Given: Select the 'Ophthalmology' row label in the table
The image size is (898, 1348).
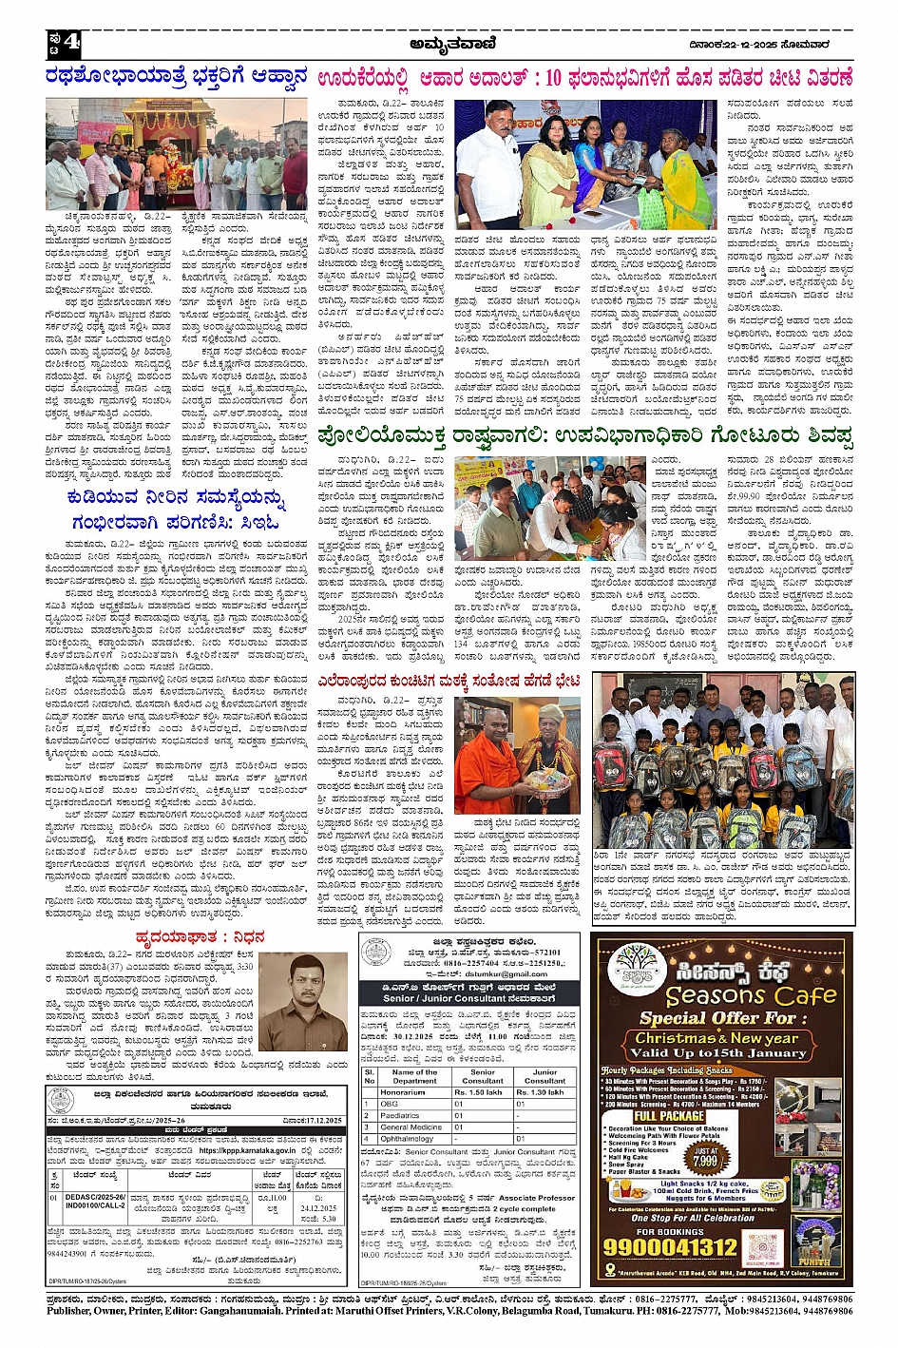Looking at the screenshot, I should (407, 1138).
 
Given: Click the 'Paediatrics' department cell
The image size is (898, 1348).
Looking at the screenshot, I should (400, 1115).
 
